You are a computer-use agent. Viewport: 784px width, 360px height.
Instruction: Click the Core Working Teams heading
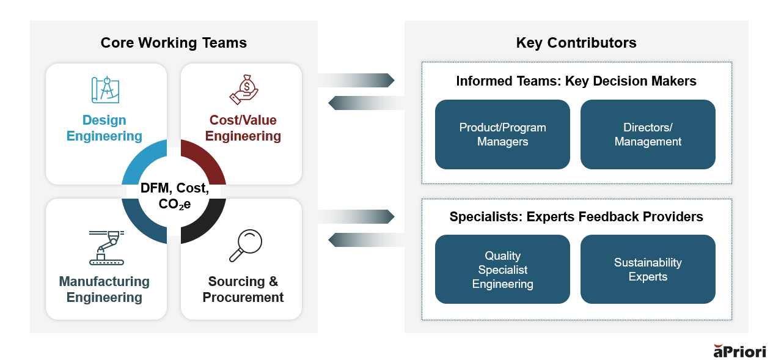[174, 43]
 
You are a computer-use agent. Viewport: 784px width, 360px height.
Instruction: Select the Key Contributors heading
[576, 43]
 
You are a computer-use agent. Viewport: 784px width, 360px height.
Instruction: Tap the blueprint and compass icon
[105, 90]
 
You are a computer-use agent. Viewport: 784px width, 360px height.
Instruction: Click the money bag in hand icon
[244, 90]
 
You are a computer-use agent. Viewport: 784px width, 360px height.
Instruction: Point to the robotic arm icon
[107, 248]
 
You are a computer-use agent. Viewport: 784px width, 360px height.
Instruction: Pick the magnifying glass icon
[246, 246]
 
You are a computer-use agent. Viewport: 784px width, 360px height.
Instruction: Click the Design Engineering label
[104, 128]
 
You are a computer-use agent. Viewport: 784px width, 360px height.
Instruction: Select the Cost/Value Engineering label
[243, 128]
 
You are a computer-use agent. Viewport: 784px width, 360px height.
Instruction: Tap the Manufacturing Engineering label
[104, 289]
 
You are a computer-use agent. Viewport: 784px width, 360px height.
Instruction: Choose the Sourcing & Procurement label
[243, 289]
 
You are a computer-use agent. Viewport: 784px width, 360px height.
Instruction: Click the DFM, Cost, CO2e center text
[174, 196]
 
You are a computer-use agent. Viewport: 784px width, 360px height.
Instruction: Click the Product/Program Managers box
[502, 134]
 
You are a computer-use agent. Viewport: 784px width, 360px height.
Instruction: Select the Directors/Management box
[648, 134]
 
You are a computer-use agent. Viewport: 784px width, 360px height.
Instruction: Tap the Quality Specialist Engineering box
[502, 270]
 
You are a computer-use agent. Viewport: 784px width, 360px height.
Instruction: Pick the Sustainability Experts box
[648, 270]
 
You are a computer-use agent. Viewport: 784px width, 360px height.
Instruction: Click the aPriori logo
[739, 351]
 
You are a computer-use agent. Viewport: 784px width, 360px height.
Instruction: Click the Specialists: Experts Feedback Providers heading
[576, 217]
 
